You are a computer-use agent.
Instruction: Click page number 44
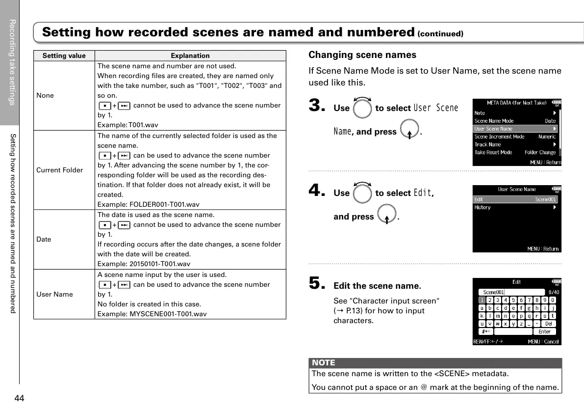(x=20, y=398)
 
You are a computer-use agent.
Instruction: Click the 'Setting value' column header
(x=64, y=55)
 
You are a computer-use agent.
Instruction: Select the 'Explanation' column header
(x=190, y=55)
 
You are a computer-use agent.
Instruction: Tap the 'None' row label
(x=45, y=95)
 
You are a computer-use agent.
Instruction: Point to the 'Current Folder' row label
(x=60, y=170)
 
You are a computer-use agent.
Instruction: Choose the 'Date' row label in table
(x=44, y=239)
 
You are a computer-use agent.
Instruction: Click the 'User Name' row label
(x=54, y=294)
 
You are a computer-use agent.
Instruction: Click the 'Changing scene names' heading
(x=362, y=55)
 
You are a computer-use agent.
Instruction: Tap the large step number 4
(x=317, y=190)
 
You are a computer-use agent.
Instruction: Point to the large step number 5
(x=317, y=282)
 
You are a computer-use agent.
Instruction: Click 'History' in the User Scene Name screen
(x=482, y=207)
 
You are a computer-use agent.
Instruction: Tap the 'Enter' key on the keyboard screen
(x=544, y=331)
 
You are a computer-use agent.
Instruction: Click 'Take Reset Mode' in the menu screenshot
(x=493, y=152)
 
